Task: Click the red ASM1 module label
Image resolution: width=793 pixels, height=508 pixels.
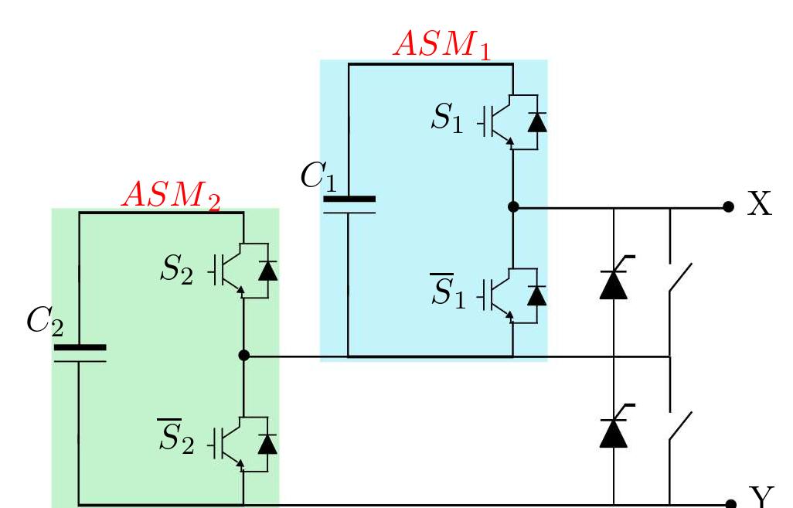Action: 442,44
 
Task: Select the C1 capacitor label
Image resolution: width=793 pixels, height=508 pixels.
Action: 318,177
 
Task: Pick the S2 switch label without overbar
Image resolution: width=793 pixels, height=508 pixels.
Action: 176,270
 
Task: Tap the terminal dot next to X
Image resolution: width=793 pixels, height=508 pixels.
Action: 727,207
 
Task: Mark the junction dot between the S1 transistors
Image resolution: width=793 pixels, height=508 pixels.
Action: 512,207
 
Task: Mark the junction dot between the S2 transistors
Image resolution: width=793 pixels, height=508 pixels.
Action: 243,356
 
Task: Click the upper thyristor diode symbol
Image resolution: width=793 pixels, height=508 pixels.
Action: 614,282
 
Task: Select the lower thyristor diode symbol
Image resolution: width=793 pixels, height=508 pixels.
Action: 614,431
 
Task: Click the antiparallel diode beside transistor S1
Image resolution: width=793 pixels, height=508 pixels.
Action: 536,121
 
